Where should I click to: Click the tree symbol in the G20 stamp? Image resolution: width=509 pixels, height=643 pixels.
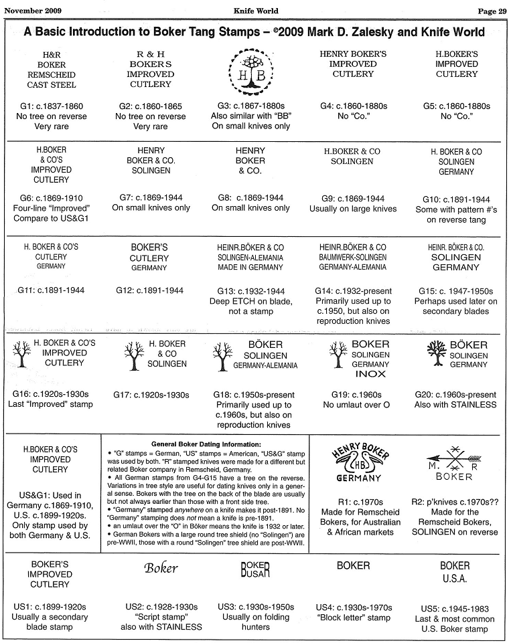coord(435,353)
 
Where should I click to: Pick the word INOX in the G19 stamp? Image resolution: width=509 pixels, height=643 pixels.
coord(370,375)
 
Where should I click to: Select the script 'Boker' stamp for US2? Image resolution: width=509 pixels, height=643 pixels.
coord(161,568)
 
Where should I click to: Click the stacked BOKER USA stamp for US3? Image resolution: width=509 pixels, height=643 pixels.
coord(254,569)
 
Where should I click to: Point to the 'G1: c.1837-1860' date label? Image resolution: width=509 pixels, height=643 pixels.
coord(52,106)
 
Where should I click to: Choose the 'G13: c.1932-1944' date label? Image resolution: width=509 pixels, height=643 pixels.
coord(250,291)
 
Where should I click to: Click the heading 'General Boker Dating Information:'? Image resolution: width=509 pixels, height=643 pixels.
coord(206,444)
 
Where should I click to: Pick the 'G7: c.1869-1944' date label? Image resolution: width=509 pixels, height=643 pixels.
coord(151,198)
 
